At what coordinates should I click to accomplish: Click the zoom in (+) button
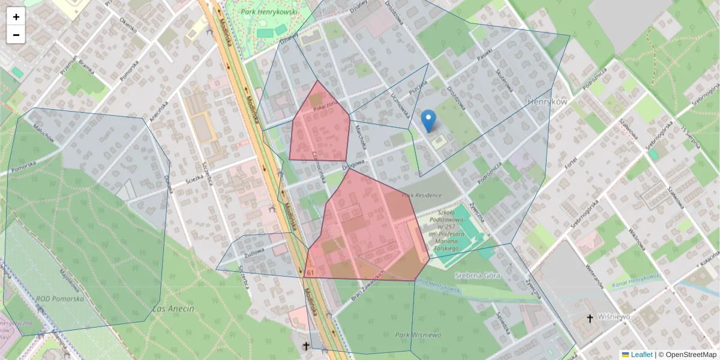[x=16, y=17]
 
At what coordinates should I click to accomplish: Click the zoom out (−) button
[x=16, y=35]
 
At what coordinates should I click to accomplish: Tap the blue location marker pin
[x=428, y=121]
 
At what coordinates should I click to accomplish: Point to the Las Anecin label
[x=173, y=308]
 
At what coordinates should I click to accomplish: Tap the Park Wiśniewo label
[x=418, y=335]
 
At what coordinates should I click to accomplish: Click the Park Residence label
[x=422, y=195]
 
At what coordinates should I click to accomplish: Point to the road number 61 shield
[x=310, y=273]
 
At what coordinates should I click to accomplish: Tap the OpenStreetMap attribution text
[x=691, y=355]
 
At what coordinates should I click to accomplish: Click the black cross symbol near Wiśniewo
[x=590, y=318]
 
